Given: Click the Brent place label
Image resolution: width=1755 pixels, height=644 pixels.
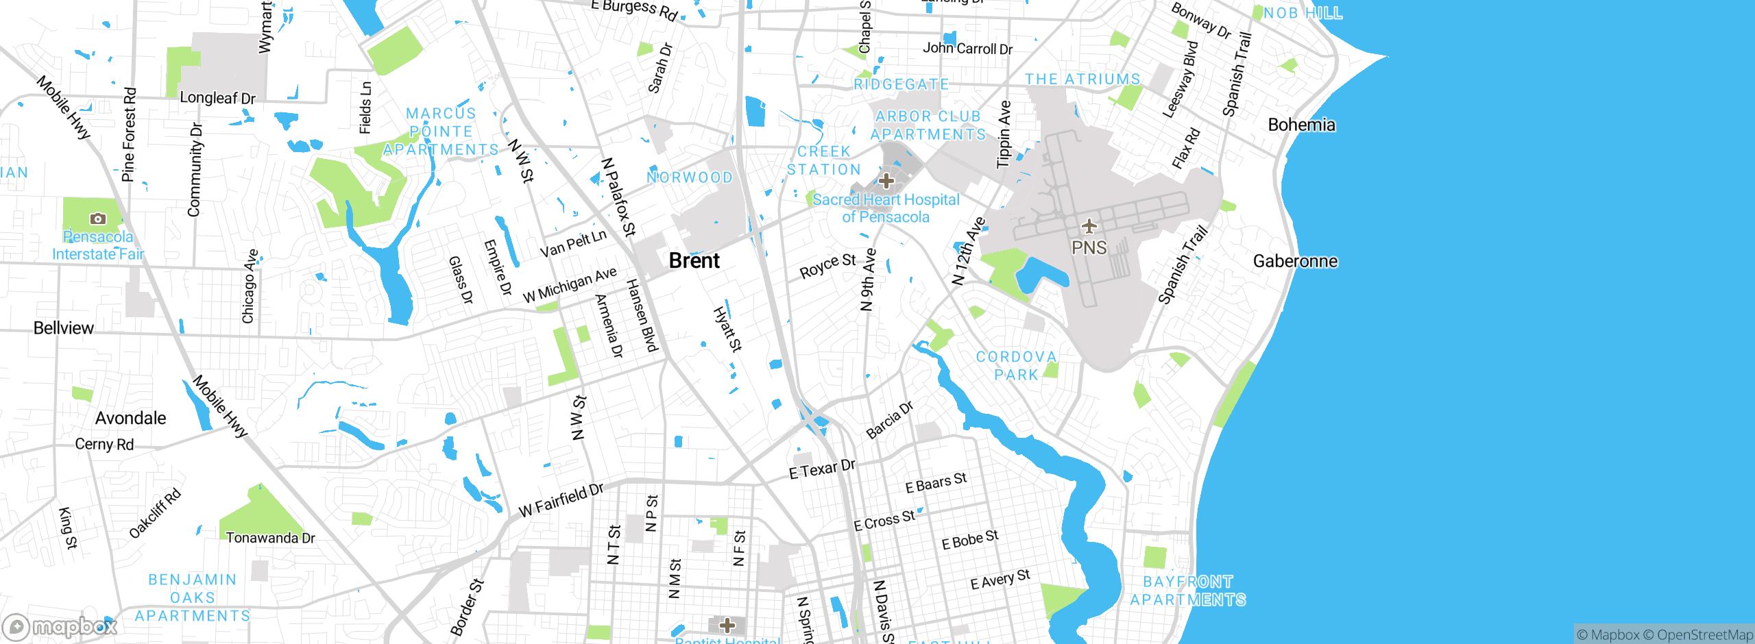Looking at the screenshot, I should (x=694, y=261).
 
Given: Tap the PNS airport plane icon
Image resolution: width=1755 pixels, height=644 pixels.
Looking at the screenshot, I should (x=1089, y=226).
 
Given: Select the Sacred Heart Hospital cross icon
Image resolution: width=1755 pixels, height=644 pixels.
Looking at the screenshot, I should (x=886, y=181).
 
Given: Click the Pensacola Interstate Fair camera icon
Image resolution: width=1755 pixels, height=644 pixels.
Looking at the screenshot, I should (x=98, y=219).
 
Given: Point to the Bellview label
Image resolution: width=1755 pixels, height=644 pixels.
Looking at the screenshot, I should (x=64, y=328).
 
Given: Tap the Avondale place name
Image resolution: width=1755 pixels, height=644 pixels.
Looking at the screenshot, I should (x=130, y=418).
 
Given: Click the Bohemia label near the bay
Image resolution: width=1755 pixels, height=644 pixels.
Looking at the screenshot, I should (x=1301, y=125).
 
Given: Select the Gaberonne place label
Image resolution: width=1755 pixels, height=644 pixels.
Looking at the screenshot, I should (x=1295, y=261).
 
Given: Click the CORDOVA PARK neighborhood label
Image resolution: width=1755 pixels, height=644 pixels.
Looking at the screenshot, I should (x=1016, y=366).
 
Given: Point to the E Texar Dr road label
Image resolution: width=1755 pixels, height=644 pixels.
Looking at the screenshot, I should (x=822, y=469).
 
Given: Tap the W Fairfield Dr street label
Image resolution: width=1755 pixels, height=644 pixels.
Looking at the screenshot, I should (x=561, y=500).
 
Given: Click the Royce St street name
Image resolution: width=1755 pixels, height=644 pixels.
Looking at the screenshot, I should (x=827, y=267).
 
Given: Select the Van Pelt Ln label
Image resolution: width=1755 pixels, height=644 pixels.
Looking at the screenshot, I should (x=573, y=243).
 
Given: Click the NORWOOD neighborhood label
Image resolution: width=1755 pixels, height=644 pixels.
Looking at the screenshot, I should (x=690, y=177).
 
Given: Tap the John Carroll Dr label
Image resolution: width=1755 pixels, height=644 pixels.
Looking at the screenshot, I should (x=967, y=49).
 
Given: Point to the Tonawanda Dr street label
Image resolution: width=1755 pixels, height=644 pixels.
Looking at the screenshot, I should (x=270, y=538).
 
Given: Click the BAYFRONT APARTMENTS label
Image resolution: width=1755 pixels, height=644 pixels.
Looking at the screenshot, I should (x=1187, y=591).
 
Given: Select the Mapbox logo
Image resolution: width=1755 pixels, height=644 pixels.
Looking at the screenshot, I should (x=60, y=627).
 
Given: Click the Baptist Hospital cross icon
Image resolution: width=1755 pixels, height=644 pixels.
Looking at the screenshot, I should (x=727, y=625).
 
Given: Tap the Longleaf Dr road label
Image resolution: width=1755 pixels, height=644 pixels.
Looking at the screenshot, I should (x=217, y=98).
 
